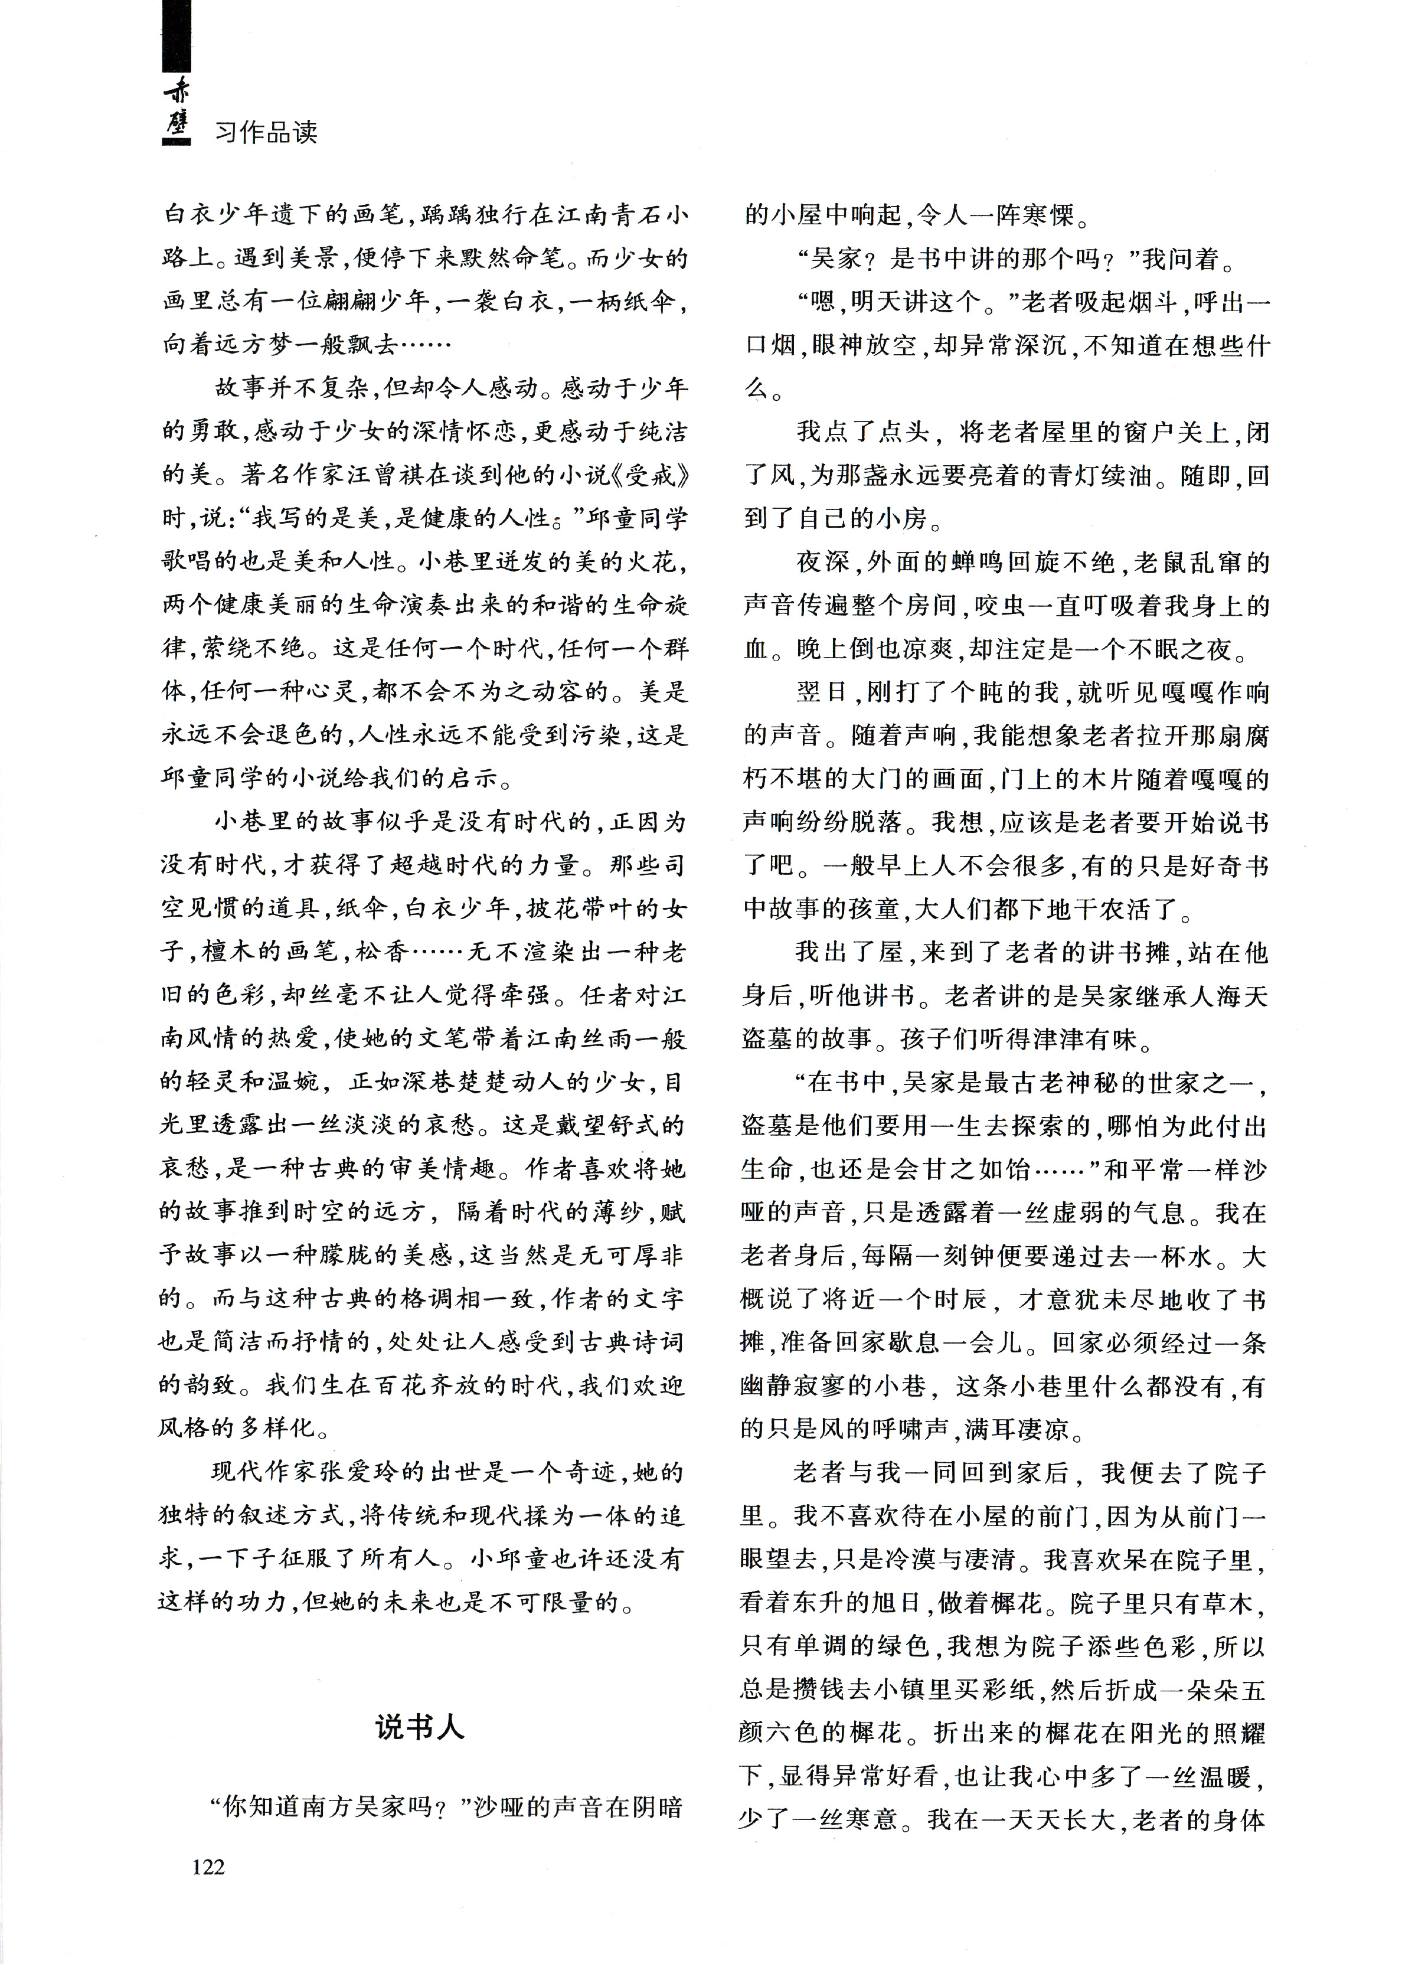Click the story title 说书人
pyautogui.click(x=420, y=1726)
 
